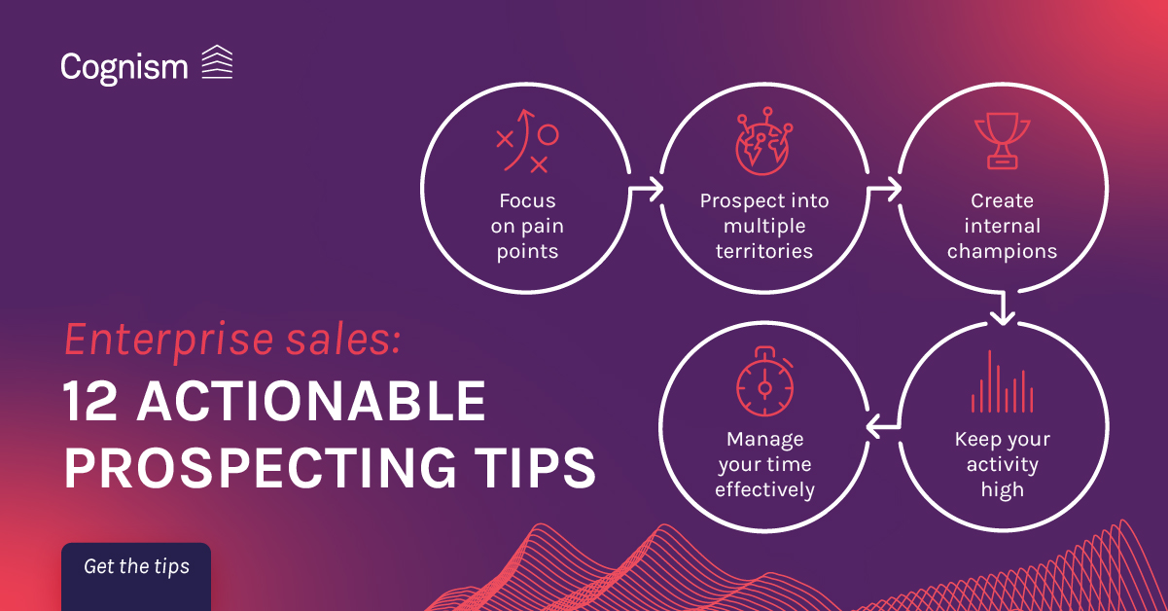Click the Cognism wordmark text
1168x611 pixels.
pyautogui.click(x=124, y=68)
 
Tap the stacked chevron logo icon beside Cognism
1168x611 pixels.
pyautogui.click(x=218, y=62)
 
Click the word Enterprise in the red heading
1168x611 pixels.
pyautogui.click(x=169, y=341)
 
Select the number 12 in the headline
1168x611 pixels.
pyautogui.click(x=89, y=401)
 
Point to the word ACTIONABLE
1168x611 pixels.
pyautogui.click(x=311, y=401)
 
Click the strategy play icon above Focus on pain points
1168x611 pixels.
pyautogui.click(x=527, y=141)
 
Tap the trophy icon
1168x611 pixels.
pyautogui.click(x=1003, y=141)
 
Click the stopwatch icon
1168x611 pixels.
pyautogui.click(x=765, y=381)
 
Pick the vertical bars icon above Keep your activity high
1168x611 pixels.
pyautogui.click(x=1003, y=381)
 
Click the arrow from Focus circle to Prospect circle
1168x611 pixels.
pyautogui.click(x=646, y=189)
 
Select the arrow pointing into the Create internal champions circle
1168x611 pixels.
pyautogui.click(x=884, y=189)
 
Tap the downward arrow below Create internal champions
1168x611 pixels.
pyautogui.click(x=1003, y=307)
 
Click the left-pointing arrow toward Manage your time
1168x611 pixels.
pyautogui.click(x=883, y=427)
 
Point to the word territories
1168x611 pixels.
pyautogui.click(x=764, y=251)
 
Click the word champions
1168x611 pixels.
pyautogui.click(x=1003, y=252)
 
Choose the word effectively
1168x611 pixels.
pyautogui.click(x=765, y=490)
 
